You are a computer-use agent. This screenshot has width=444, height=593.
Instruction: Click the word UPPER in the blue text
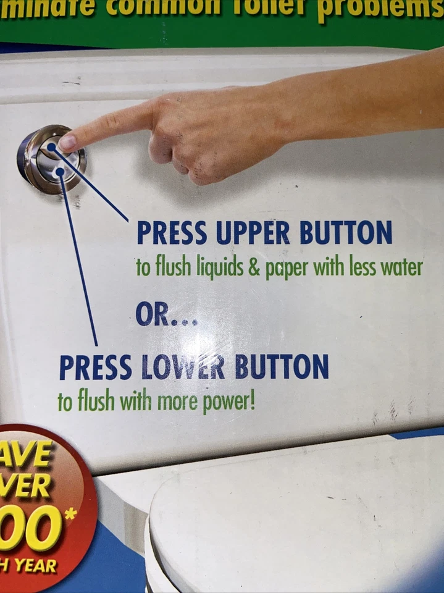[253, 233]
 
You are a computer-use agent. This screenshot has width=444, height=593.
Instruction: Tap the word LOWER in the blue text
[183, 368]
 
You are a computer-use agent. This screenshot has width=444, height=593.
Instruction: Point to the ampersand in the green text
[255, 269]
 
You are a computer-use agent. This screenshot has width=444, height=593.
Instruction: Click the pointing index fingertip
[68, 142]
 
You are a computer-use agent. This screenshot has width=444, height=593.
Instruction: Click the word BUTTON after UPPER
[346, 233]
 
